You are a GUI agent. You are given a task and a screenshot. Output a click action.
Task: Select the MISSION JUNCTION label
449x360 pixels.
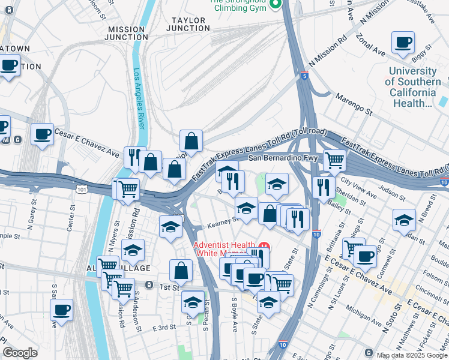126,33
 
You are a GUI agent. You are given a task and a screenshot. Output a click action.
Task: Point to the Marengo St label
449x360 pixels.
354,104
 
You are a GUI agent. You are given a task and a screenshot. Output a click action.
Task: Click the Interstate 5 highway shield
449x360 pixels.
306,76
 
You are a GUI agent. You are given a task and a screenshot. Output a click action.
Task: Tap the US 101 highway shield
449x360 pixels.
80,189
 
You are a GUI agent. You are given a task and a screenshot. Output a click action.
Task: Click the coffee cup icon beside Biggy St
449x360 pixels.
403,42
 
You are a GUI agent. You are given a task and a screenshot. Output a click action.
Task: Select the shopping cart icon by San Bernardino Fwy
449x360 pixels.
334,160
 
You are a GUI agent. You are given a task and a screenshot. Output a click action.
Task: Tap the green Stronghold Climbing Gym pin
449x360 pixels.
276,5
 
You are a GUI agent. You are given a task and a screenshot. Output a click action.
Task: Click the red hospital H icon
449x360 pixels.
264,247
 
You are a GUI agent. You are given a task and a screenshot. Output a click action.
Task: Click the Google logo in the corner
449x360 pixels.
20,353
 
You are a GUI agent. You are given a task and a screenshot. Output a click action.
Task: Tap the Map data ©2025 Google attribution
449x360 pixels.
411,355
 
